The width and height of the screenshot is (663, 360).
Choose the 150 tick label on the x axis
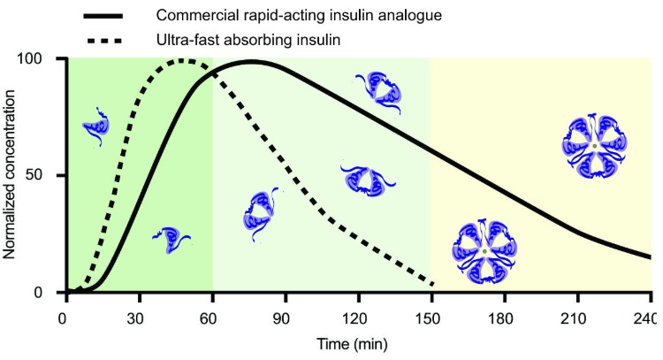click(x=431, y=317)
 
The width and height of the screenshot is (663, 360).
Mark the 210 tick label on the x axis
click(x=577, y=317)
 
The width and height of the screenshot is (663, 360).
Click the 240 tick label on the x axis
click(x=650, y=317)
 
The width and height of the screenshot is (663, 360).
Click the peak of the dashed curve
click(x=183, y=61)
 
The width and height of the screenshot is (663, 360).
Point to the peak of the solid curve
click(x=252, y=62)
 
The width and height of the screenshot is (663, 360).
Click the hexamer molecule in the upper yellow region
click(x=595, y=144)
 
